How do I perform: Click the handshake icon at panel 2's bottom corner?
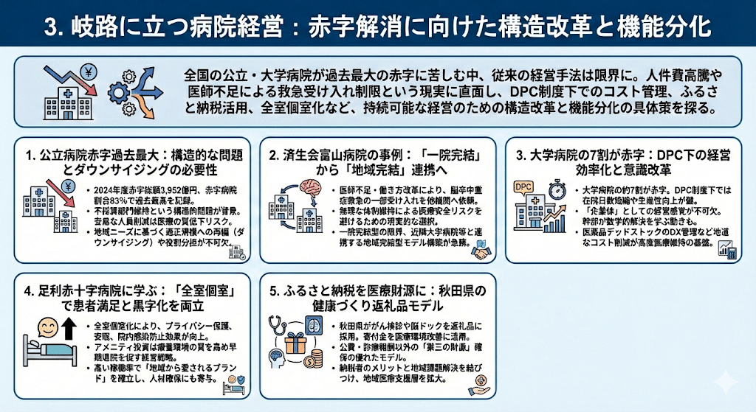point(482,252)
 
